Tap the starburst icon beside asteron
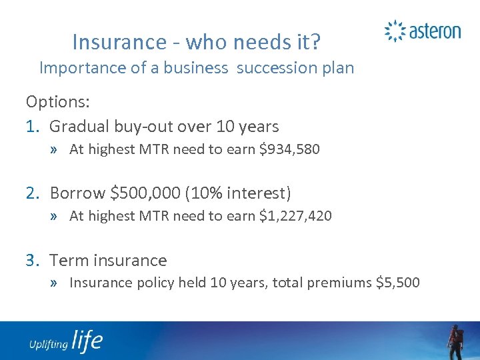point(395,31)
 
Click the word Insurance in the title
point(109,42)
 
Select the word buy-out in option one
point(136,126)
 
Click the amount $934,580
point(293,149)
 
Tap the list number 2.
point(31,193)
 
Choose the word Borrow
point(77,193)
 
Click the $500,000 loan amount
point(145,193)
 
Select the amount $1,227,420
point(299,216)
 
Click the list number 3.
point(31,260)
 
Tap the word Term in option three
point(69,260)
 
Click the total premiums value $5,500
point(398,283)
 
